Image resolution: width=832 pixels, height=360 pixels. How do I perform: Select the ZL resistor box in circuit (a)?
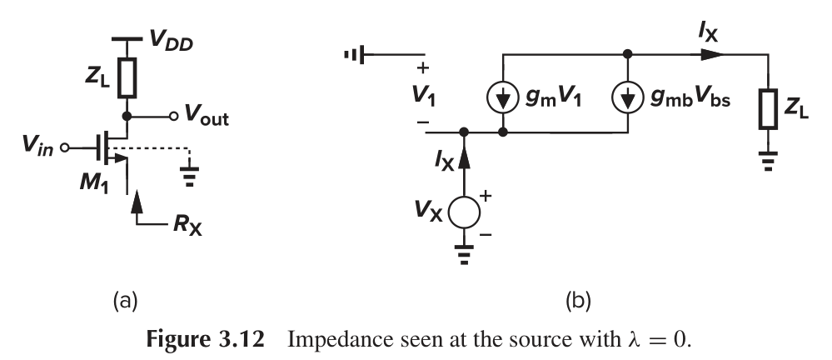[x=127, y=77]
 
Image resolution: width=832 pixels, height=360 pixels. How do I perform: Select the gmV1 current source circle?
[x=503, y=97]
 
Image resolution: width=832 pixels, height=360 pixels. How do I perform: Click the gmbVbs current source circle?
[x=625, y=97]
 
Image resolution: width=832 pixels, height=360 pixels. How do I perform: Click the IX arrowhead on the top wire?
[x=710, y=53]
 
